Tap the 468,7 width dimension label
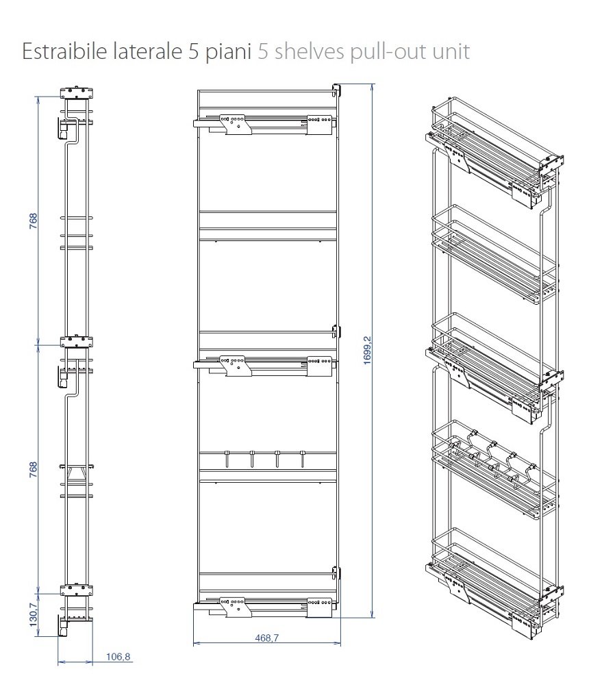tap(266, 638)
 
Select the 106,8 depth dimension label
tap(118, 657)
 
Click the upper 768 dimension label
tap(34, 221)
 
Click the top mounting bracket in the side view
tap(76, 92)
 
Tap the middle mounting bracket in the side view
tap(76, 342)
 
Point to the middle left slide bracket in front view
tap(236, 366)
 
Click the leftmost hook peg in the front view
tap(227, 458)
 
